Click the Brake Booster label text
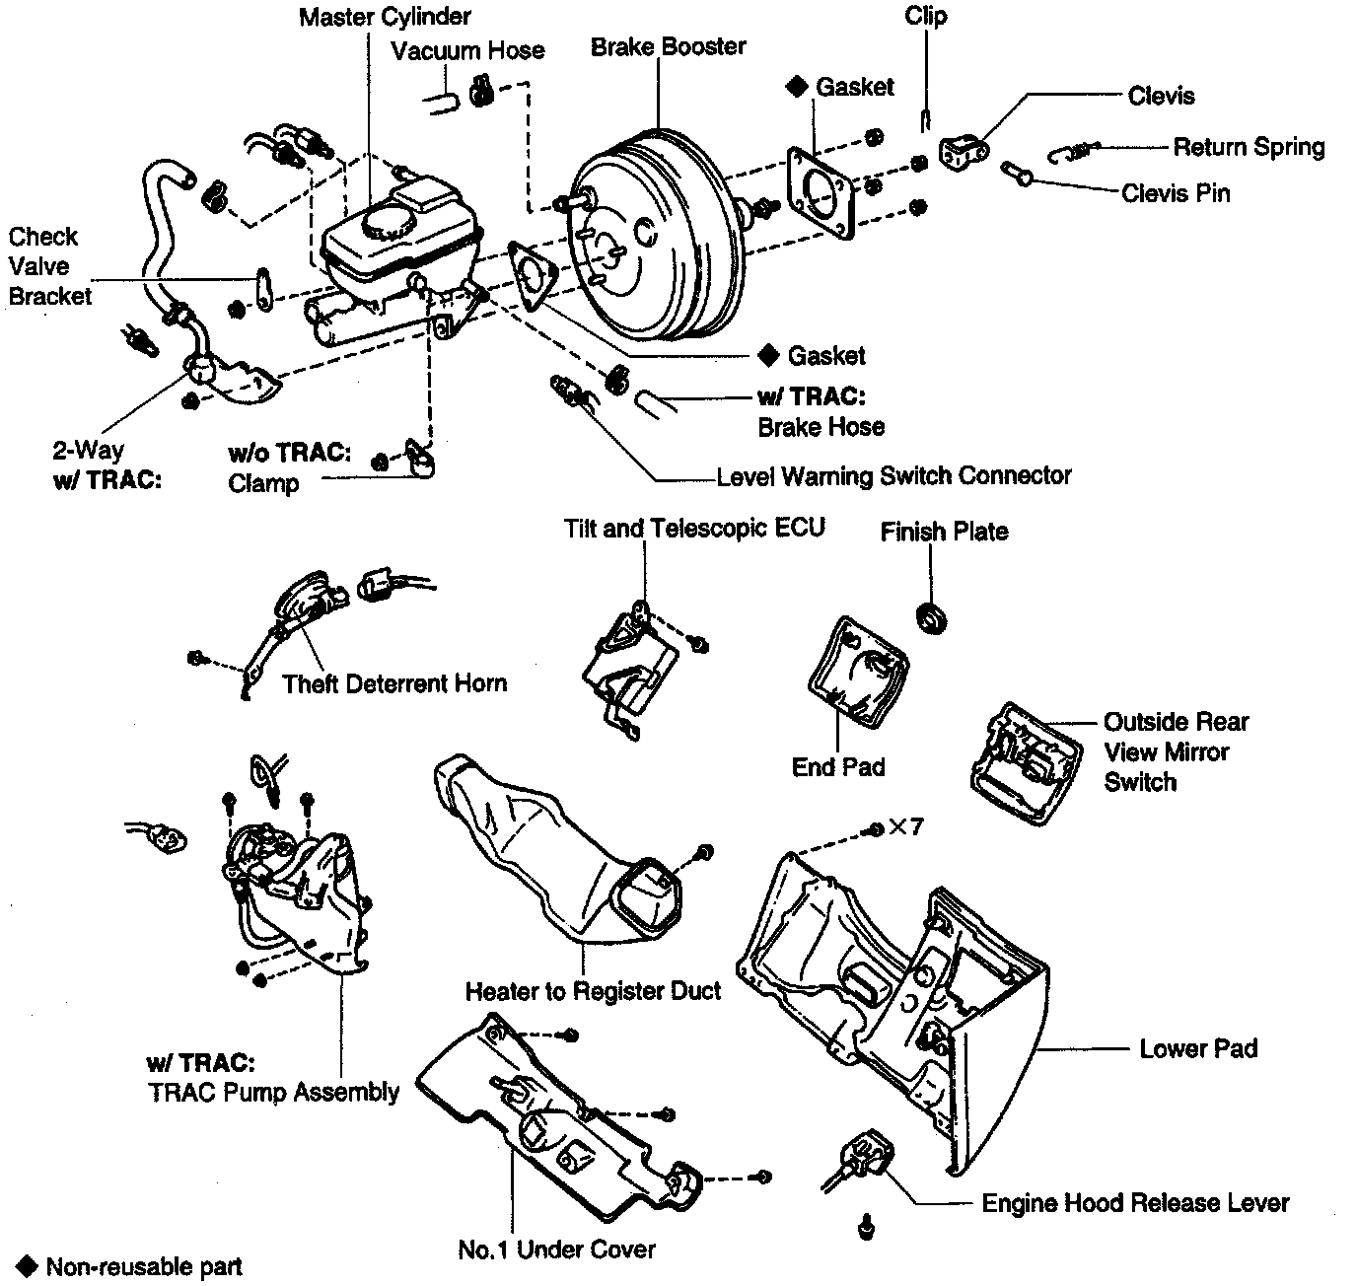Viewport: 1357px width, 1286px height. coord(668,46)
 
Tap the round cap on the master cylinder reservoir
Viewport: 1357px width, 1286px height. coord(380,224)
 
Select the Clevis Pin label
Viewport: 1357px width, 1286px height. coord(1176,193)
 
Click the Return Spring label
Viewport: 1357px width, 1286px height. coord(1248,147)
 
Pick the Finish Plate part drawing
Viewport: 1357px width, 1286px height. coord(932,618)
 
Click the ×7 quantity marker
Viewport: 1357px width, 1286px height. coord(905,826)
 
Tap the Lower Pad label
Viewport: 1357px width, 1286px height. coord(1198,1048)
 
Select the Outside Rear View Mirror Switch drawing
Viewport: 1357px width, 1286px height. coord(1020,761)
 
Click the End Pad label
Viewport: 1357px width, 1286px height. coord(838,767)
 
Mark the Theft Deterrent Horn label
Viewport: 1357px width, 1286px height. coord(394,683)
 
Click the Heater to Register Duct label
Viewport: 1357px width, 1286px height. coord(593,991)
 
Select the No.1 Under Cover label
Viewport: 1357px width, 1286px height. coord(556,1250)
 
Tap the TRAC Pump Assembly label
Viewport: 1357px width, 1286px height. coord(273,1092)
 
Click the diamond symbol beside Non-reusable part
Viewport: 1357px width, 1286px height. coord(28,1265)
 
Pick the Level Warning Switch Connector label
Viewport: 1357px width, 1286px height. coord(893,476)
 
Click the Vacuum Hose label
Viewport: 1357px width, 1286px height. coord(467,50)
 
